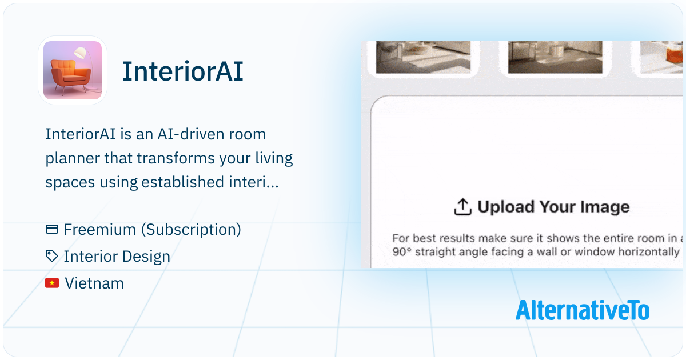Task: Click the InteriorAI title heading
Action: pos(183,71)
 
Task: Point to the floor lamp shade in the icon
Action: pos(80,53)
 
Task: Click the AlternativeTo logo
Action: pos(583,310)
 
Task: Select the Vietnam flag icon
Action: pos(52,283)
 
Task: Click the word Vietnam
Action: pos(94,283)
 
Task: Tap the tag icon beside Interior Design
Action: pos(51,256)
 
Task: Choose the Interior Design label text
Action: pos(117,256)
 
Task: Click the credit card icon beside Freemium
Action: pos(52,229)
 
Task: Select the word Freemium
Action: pos(99,229)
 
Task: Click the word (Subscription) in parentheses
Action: pos(191,230)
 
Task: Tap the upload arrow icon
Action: pos(462,207)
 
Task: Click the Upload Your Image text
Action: pos(554,207)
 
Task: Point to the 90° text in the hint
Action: pos(401,251)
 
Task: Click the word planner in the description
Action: pos(72,159)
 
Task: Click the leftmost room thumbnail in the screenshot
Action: pos(423,58)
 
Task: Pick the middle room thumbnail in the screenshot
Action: pos(555,58)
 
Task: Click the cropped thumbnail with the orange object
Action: pos(661,58)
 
